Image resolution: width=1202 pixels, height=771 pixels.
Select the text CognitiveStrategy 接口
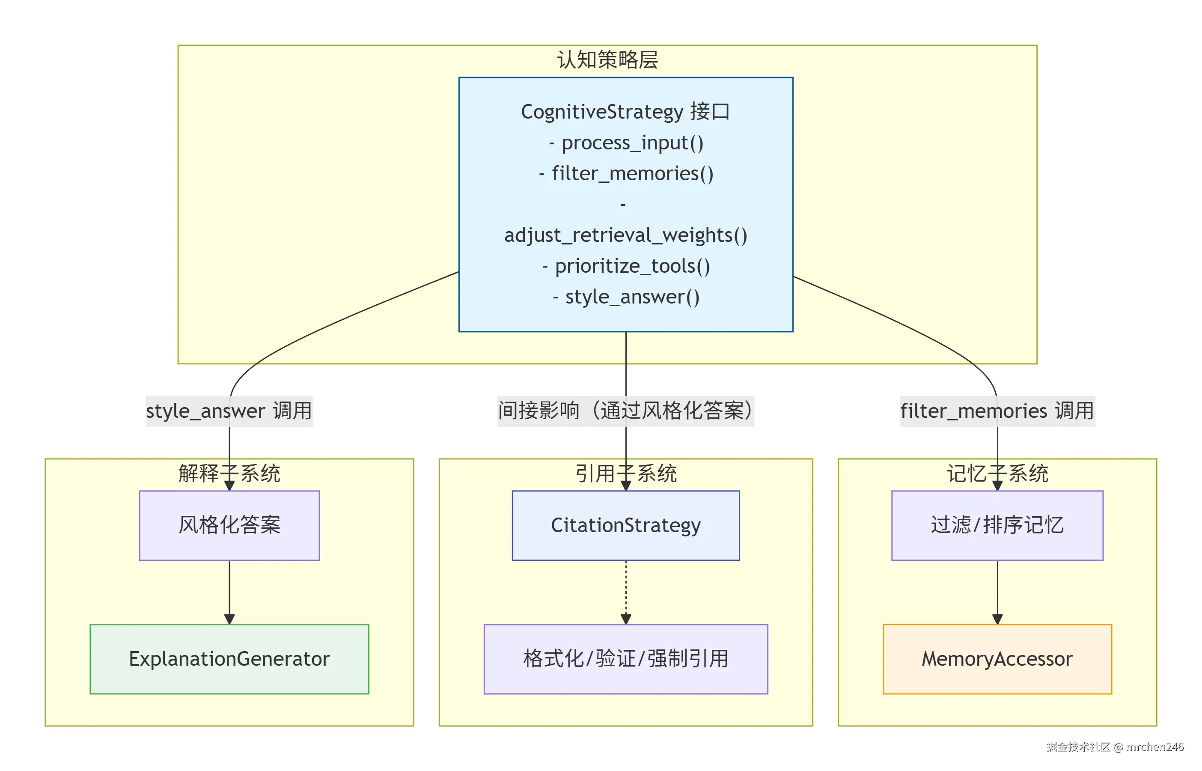click(x=625, y=112)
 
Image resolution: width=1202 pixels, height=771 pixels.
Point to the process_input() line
click(x=626, y=143)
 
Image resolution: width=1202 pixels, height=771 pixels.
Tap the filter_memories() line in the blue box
click(x=626, y=174)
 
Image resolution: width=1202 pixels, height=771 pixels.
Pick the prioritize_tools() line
click(x=626, y=266)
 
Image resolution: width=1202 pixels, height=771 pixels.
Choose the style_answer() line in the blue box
click(x=626, y=297)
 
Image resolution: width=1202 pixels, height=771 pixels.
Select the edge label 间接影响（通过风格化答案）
click(x=625, y=411)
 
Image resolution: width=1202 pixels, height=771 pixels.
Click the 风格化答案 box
click(x=229, y=525)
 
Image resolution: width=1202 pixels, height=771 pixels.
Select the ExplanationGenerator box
click(x=229, y=659)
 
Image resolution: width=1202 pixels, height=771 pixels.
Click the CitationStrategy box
click(x=625, y=525)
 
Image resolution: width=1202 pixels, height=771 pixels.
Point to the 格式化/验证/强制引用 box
click(x=625, y=659)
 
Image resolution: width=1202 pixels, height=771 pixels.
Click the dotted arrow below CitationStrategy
click(x=626, y=591)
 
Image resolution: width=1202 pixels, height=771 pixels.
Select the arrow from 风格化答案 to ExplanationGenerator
click(x=229, y=591)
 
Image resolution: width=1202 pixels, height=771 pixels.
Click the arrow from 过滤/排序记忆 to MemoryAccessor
click(x=997, y=591)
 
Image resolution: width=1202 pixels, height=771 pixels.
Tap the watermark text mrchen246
click(x=1154, y=747)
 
